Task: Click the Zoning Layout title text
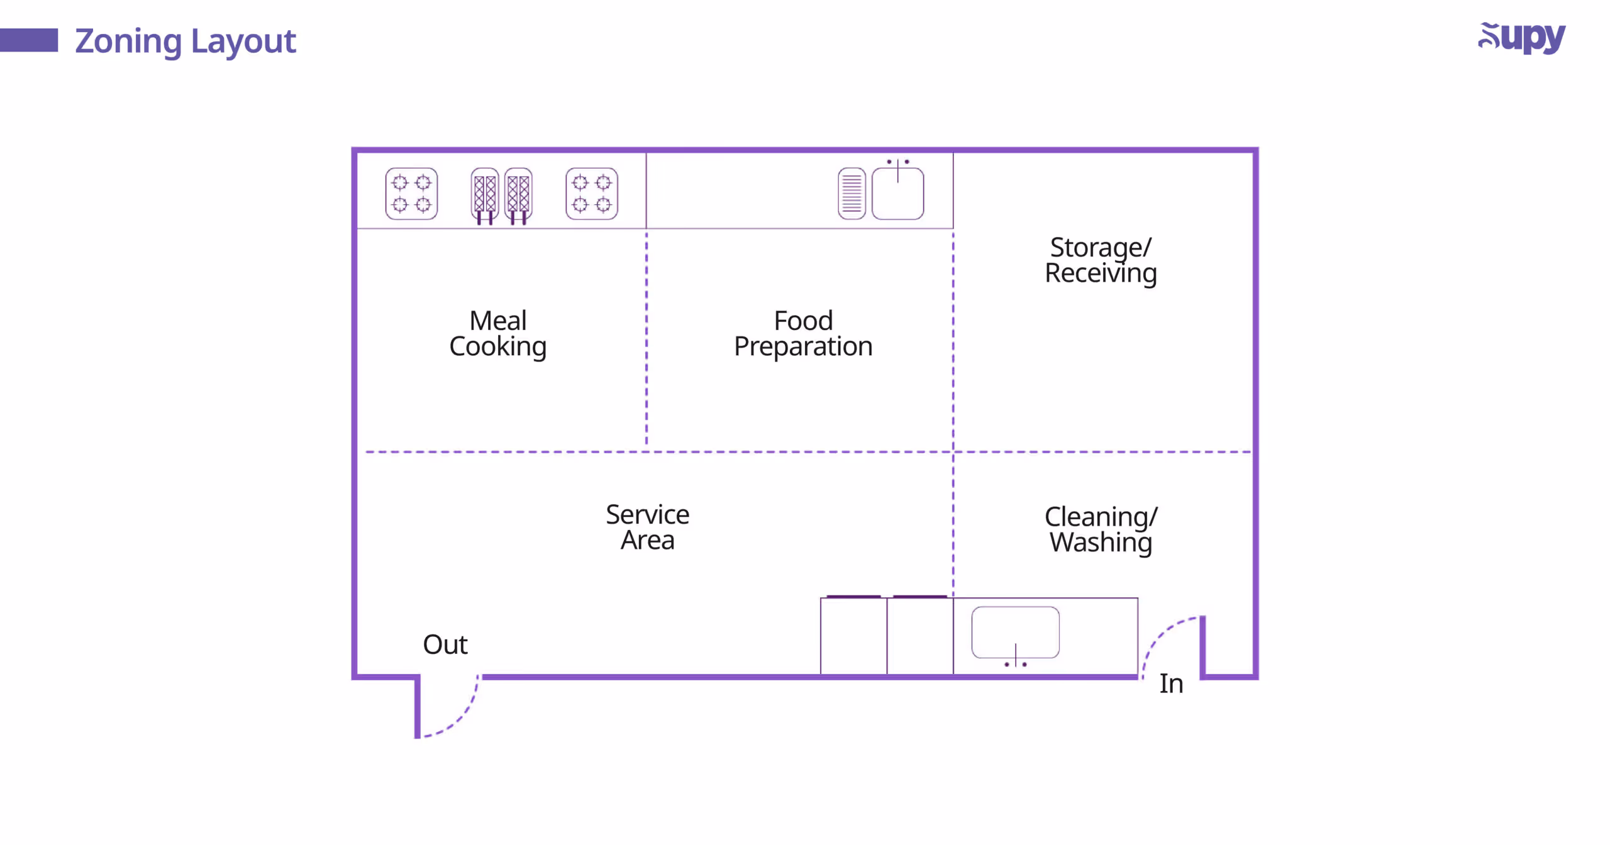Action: point(185,41)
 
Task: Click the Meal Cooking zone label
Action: point(497,334)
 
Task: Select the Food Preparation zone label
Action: point(802,334)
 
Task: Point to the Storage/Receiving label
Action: point(1100,260)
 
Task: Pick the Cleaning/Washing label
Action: point(1100,529)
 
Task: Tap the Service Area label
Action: point(647,527)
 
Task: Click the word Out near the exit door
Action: point(445,645)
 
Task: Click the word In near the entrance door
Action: point(1170,684)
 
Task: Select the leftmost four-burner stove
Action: point(411,194)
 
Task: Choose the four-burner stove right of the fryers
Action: point(591,194)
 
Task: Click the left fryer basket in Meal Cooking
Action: point(484,194)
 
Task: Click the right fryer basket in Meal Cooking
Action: point(518,194)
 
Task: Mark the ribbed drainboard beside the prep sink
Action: point(852,194)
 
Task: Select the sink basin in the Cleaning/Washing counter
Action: point(1014,632)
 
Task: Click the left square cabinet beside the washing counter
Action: point(853,636)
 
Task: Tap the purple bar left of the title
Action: point(29,40)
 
